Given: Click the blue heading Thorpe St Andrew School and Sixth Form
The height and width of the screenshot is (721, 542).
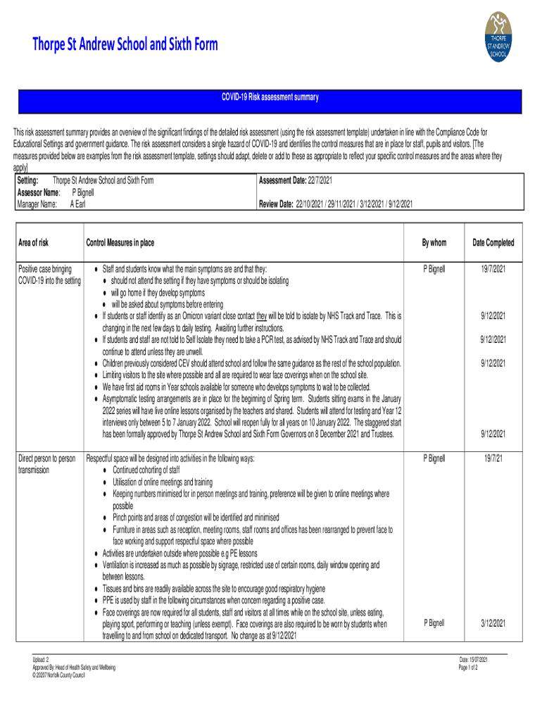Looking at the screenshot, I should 125,45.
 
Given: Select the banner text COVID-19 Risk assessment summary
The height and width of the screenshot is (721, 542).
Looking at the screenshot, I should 271,97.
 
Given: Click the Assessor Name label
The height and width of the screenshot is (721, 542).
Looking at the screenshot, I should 38,192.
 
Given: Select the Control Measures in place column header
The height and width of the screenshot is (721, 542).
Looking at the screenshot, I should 120,243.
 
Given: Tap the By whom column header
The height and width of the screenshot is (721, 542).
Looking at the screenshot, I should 434,243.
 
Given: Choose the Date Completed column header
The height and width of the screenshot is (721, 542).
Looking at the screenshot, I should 493,243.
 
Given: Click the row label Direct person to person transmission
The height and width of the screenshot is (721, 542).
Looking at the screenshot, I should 46,464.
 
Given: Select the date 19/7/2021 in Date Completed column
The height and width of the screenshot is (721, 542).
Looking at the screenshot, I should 493,269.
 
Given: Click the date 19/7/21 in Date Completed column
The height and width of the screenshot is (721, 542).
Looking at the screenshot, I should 493,458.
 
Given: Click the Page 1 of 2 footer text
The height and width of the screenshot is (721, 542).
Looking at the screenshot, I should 467,667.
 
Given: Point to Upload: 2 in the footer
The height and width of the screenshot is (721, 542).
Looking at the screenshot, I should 40,659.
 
